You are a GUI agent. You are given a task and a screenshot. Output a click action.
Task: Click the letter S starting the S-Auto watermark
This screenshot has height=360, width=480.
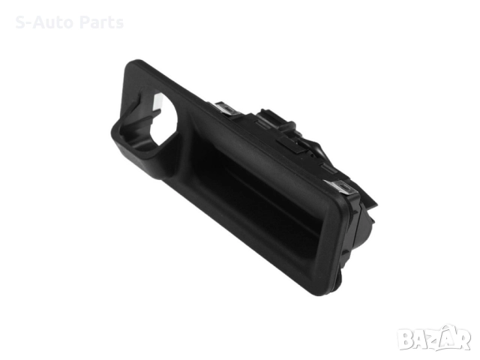tap(20, 22)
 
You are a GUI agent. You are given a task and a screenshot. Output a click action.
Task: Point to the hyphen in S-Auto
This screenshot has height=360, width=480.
tap(28, 24)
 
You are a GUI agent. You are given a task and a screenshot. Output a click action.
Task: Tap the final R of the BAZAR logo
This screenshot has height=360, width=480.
tap(462, 338)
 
